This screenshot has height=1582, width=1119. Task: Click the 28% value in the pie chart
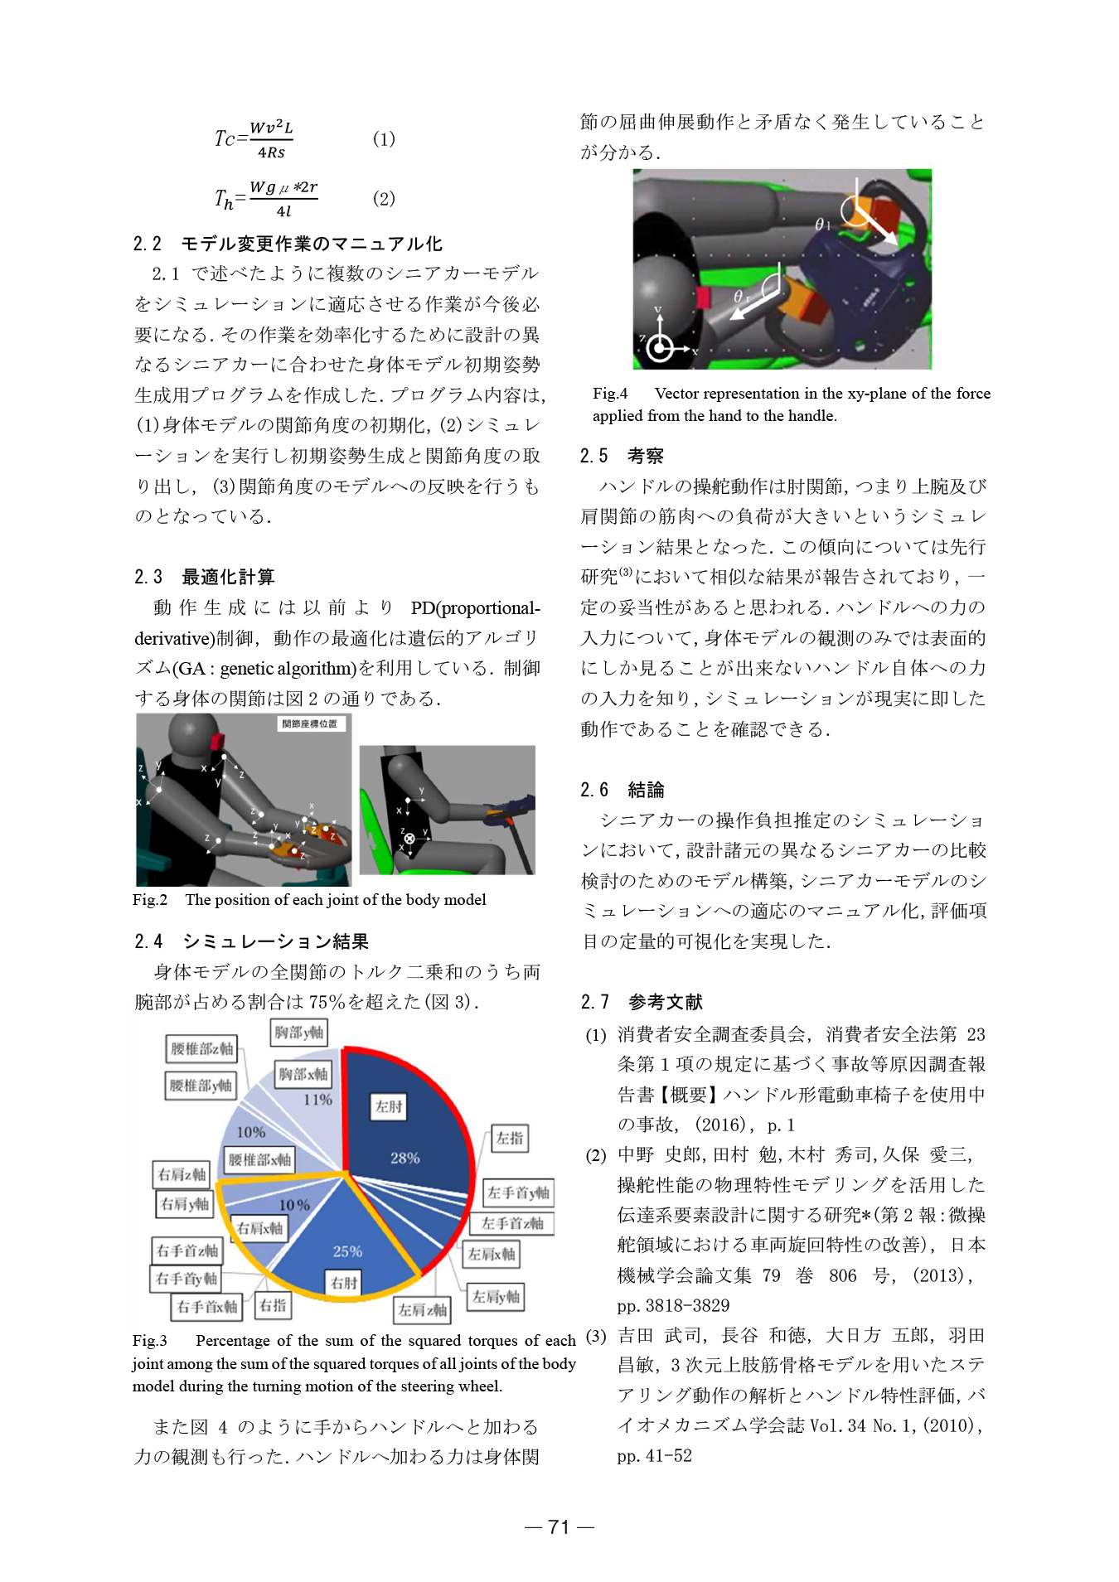pyautogui.click(x=404, y=1158)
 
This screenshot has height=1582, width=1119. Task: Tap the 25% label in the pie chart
pyautogui.click(x=347, y=1251)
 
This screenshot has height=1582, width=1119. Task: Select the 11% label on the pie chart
pyautogui.click(x=317, y=1100)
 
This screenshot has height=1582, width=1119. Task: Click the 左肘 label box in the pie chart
pyautogui.click(x=389, y=1106)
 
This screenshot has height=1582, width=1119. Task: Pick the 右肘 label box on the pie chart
pyautogui.click(x=343, y=1283)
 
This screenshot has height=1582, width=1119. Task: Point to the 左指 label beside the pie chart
pyautogui.click(x=509, y=1138)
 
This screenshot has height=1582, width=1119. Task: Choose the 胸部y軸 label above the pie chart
pyautogui.click(x=299, y=1033)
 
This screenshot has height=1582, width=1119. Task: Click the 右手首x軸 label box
pyautogui.click(x=206, y=1307)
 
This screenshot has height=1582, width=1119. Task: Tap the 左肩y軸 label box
pyautogui.click(x=496, y=1297)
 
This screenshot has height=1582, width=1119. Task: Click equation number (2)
pyautogui.click(x=384, y=199)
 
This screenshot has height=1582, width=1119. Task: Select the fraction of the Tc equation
pyautogui.click(x=271, y=139)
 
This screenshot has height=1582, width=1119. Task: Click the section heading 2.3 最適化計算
pyautogui.click(x=204, y=577)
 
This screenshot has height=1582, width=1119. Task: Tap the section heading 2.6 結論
pyautogui.click(x=622, y=790)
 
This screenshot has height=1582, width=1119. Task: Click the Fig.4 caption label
pyautogui.click(x=610, y=394)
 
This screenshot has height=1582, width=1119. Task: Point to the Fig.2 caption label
pyautogui.click(x=150, y=900)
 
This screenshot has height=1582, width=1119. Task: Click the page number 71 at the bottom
pyautogui.click(x=559, y=1526)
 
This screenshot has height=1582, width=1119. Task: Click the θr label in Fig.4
pyautogui.click(x=742, y=296)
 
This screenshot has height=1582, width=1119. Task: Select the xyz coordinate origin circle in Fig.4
pyautogui.click(x=660, y=349)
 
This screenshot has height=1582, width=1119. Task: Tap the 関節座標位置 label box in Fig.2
pyautogui.click(x=310, y=723)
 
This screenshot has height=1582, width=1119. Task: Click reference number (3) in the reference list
pyautogui.click(x=596, y=1336)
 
